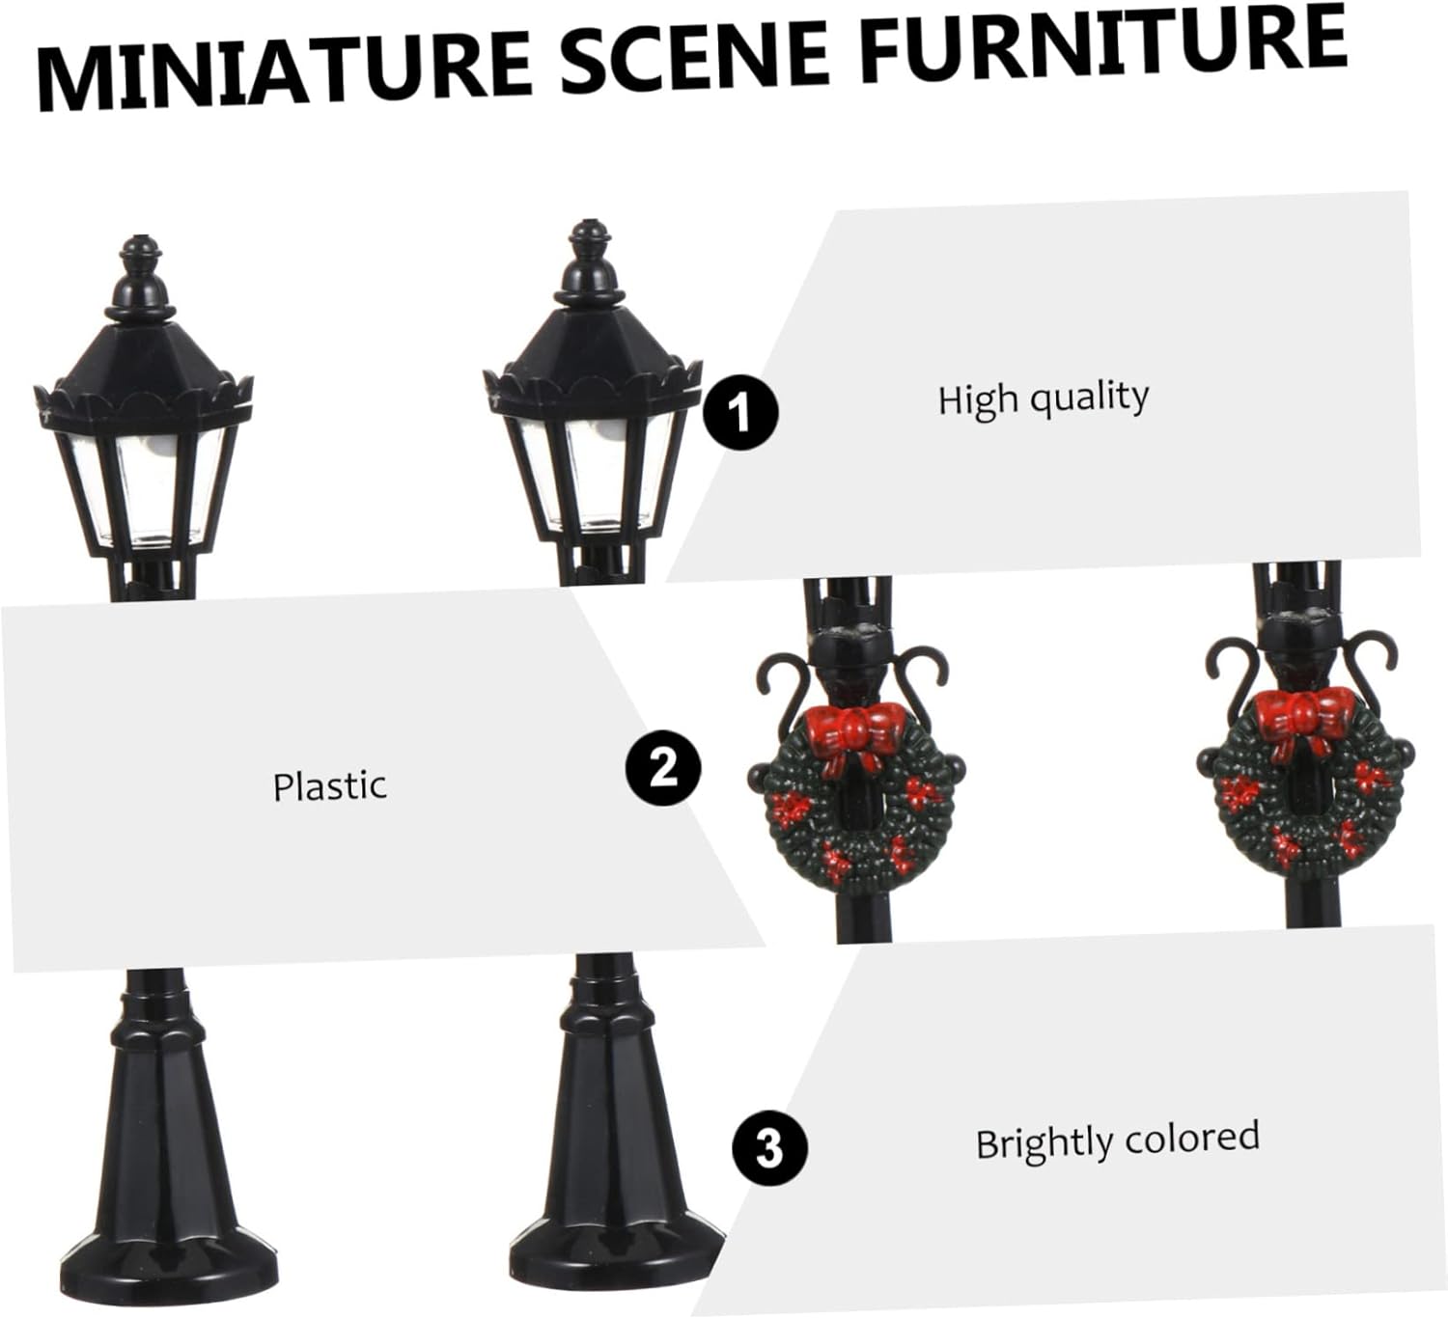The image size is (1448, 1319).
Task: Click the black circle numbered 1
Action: pos(740,413)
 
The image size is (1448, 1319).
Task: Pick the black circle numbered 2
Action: pos(662,767)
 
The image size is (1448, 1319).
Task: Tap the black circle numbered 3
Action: pos(769,1147)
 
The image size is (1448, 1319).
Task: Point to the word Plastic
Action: pos(330,786)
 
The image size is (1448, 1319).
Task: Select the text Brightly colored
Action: pos(1118,1140)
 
